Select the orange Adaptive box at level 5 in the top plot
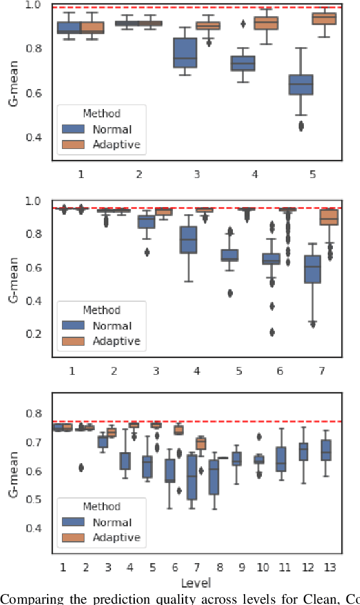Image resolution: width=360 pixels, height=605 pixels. pyautogui.click(x=324, y=18)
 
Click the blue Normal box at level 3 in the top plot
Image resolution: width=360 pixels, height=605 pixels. pyautogui.click(x=186, y=52)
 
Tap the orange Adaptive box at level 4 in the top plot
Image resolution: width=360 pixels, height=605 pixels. pyautogui.click(x=266, y=23)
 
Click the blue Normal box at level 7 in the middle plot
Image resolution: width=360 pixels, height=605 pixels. pyautogui.click(x=312, y=269)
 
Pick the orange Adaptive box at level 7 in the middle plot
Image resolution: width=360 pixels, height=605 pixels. pyautogui.click(x=329, y=217)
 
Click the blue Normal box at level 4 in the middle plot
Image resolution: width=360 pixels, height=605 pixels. pyautogui.click(x=188, y=240)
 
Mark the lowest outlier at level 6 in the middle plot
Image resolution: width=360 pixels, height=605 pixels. pyautogui.click(x=272, y=332)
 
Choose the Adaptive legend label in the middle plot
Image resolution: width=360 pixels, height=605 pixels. pyautogui.click(x=117, y=341)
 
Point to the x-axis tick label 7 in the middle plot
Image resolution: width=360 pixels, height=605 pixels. pyautogui.click(x=321, y=371)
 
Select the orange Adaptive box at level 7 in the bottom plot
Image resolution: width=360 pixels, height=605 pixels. pyautogui.click(x=201, y=443)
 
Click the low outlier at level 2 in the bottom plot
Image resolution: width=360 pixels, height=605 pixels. pyautogui.click(x=81, y=468)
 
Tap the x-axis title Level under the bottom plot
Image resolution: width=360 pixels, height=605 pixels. pyautogui.click(x=195, y=583)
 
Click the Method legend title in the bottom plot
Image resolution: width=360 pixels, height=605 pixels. pyautogui.click(x=101, y=506)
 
